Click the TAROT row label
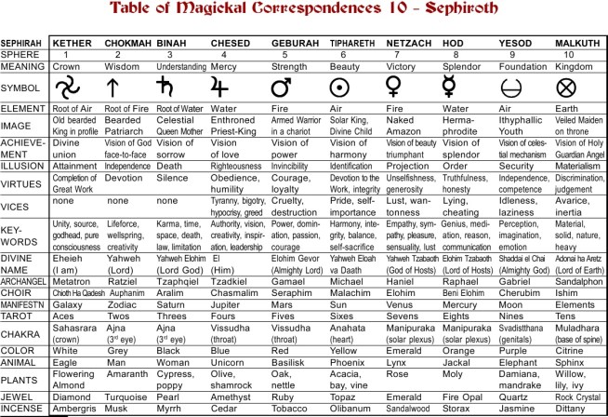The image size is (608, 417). [x=17, y=316]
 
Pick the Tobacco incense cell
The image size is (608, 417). [x=286, y=407]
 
